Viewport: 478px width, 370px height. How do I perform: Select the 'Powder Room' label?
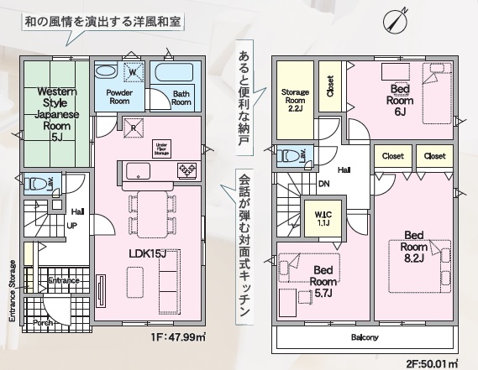pos(112,97)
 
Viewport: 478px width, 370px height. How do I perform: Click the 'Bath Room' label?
pos(181,97)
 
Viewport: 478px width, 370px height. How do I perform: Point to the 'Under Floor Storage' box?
pos(161,148)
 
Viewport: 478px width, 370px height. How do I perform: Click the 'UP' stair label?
pos(73,226)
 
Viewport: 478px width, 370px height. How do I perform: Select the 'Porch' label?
pos(42,322)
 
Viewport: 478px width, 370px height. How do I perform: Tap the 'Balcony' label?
pos(363,337)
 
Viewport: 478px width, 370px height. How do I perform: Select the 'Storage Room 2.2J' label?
pos(295,100)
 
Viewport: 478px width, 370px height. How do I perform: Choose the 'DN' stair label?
pos(323,185)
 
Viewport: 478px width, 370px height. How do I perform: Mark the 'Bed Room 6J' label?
pos(399,99)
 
